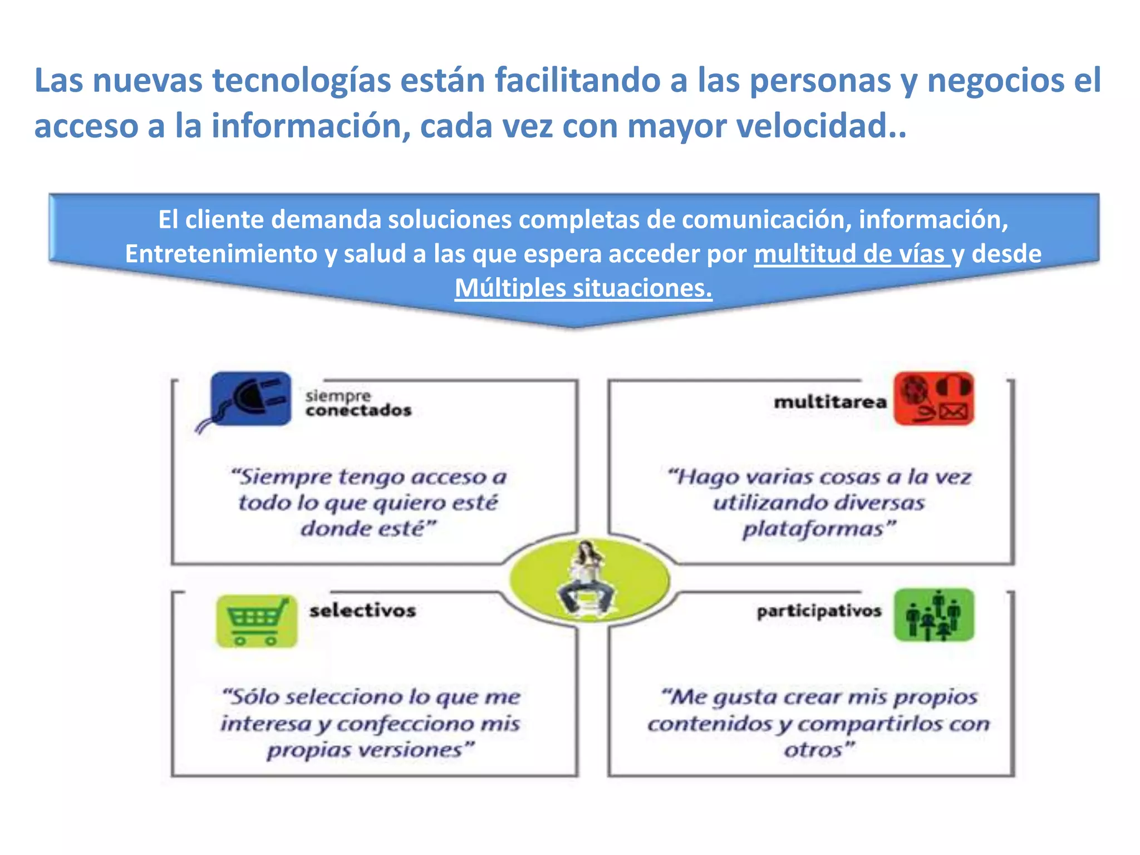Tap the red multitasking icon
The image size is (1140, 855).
click(x=933, y=399)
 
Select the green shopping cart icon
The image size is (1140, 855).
click(x=257, y=621)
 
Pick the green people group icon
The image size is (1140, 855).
click(x=933, y=615)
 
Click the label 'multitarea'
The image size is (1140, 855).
click(x=830, y=402)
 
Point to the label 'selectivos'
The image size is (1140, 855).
click(x=363, y=611)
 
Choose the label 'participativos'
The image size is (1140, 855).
click(x=819, y=611)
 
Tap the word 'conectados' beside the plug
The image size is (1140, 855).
click(x=358, y=411)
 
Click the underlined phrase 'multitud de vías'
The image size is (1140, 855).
click(x=852, y=254)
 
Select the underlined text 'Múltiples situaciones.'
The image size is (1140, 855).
click(x=583, y=288)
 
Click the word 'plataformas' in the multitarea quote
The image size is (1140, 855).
click(x=813, y=529)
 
